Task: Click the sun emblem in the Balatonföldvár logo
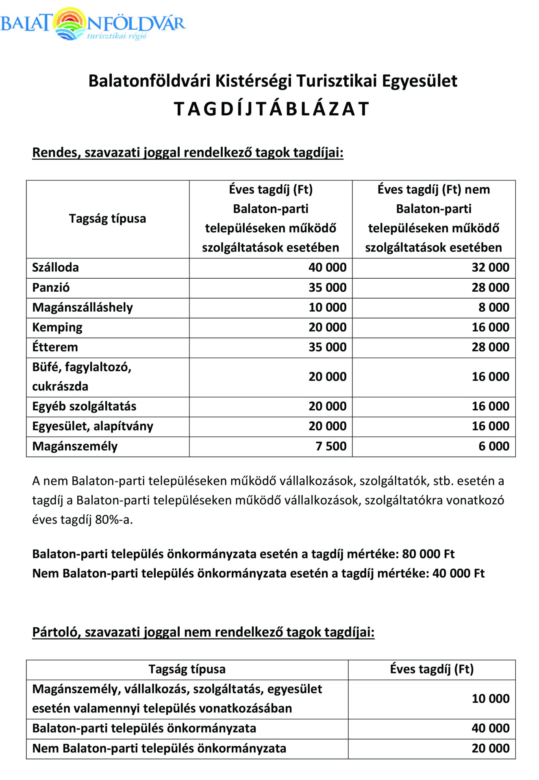click(x=70, y=24)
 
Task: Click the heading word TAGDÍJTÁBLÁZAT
click(x=272, y=109)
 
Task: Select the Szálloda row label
click(x=55, y=268)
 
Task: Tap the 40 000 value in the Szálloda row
click(x=327, y=268)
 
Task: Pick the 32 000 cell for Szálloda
click(x=490, y=268)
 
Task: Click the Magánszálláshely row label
click(x=83, y=308)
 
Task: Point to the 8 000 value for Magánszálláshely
click(x=493, y=308)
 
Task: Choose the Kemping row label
click(x=57, y=327)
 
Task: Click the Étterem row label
click(x=55, y=347)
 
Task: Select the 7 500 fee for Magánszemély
click(x=331, y=446)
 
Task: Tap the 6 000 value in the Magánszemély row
click(x=493, y=446)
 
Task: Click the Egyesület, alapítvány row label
click(x=93, y=426)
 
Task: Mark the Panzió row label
click(x=51, y=288)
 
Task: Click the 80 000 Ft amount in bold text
click(x=428, y=554)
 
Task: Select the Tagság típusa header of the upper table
click(x=107, y=219)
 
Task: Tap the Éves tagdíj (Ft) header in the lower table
click(x=432, y=669)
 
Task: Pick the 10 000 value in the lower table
click(x=490, y=699)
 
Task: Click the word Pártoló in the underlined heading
click(x=56, y=632)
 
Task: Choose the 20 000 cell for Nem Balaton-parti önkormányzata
click(x=490, y=748)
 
